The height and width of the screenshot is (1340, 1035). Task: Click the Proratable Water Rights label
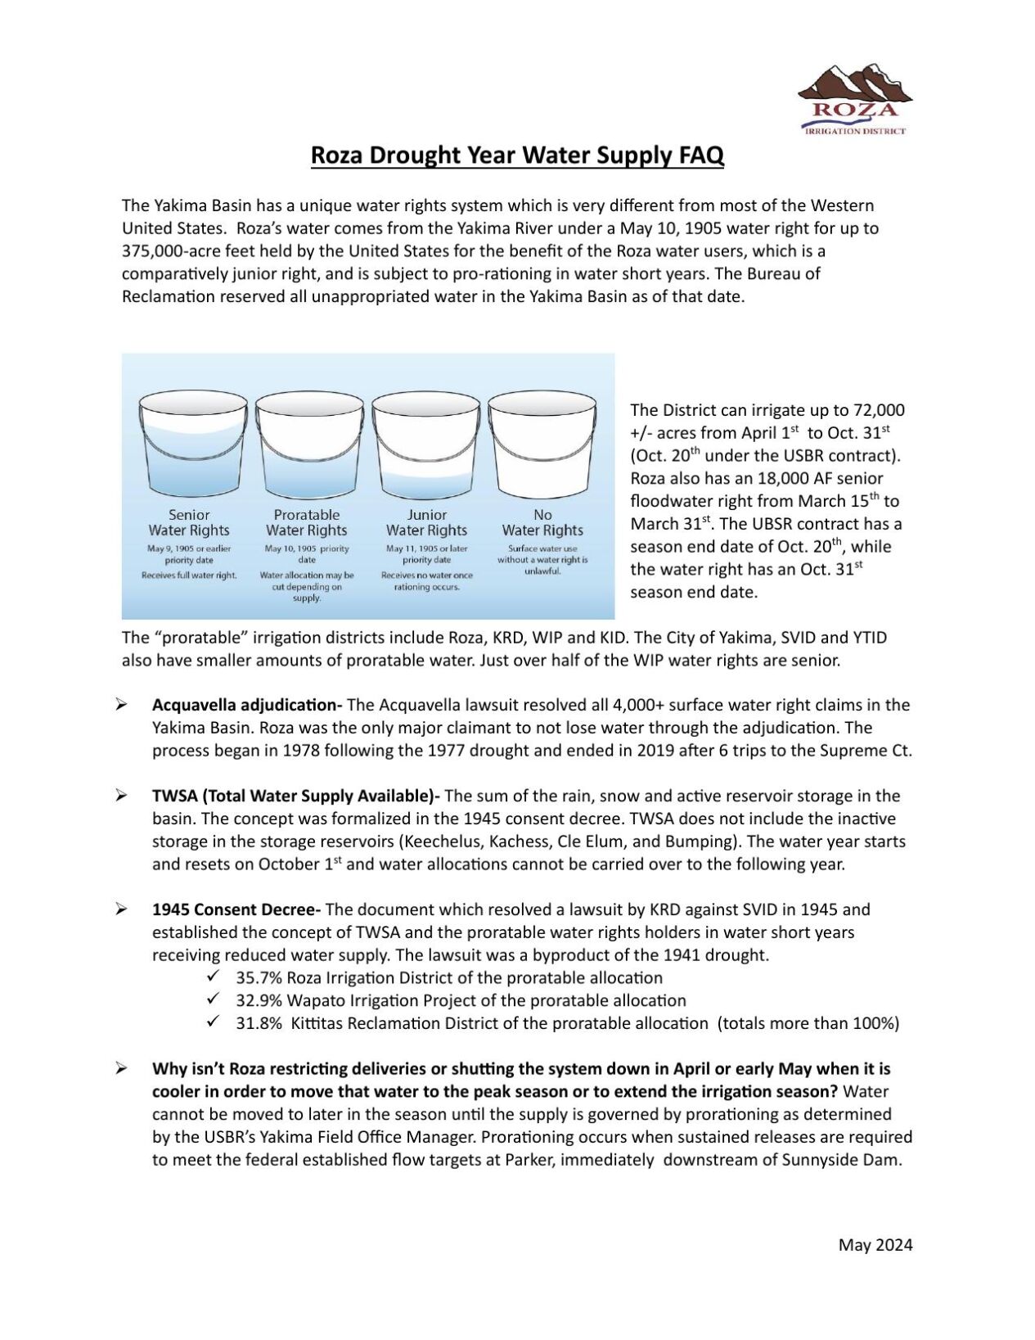pos(307,522)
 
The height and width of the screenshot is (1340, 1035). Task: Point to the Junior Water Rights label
pos(426,522)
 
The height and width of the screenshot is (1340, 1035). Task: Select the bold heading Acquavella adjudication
pos(246,705)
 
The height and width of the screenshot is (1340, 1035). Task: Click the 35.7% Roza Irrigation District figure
pos(256,977)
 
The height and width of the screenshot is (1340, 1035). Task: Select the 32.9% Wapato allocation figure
pos(256,1000)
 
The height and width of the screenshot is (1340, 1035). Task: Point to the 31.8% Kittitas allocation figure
pos(256,1023)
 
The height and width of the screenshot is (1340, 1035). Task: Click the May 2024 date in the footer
pos(875,1245)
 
